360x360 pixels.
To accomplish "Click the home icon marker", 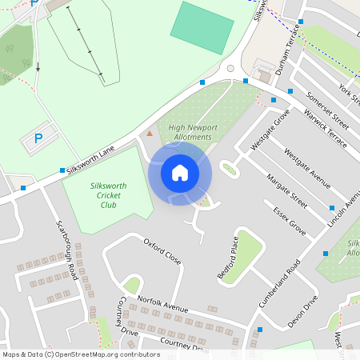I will pos(180,173).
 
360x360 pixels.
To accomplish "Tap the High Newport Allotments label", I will pos(190,132).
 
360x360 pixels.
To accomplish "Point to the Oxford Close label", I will pos(162,251).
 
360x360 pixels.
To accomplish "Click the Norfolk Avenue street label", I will pos(162,305).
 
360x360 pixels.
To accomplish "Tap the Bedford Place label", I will pos(228,257).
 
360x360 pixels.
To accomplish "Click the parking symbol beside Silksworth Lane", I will pos(38,139).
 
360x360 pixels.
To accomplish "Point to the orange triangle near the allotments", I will pos(149,133).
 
